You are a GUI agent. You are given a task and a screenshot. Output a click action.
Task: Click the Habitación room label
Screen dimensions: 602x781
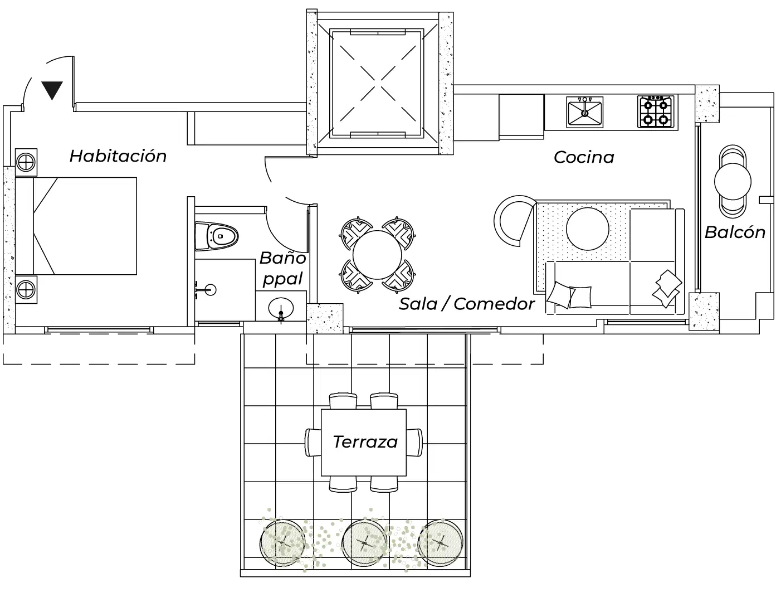point(118,156)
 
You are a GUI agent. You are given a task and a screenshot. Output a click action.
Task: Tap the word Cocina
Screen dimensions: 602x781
point(584,158)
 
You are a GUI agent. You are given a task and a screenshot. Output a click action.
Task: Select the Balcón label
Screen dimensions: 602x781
point(735,232)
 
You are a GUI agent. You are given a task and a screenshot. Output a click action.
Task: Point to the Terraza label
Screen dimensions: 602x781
point(365,442)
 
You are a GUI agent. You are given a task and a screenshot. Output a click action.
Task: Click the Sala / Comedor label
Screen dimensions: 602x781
point(467,304)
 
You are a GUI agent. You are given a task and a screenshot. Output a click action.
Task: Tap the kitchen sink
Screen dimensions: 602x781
point(584,112)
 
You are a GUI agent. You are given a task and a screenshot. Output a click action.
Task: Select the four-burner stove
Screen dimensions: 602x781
point(656,111)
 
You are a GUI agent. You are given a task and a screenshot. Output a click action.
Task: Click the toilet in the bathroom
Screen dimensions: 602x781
point(217,237)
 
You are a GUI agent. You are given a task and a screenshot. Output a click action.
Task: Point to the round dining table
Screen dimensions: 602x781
point(377,255)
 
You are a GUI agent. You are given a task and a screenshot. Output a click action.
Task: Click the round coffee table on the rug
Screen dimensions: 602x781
point(588,229)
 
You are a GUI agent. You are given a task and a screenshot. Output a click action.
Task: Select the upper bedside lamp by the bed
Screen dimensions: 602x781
point(25,162)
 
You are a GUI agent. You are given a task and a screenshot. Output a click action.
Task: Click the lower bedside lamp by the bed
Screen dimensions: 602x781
point(25,289)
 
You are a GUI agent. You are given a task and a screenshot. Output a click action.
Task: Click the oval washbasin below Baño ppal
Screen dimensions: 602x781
point(281,308)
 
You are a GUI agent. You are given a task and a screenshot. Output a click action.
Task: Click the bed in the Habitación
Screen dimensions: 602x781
point(84,226)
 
